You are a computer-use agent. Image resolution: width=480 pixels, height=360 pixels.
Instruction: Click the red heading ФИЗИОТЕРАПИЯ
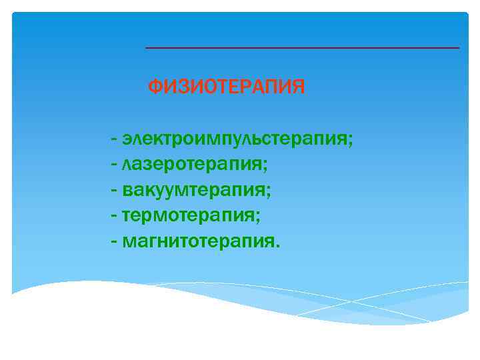point(226,87)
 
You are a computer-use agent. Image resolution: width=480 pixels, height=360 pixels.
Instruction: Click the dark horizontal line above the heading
point(302,48)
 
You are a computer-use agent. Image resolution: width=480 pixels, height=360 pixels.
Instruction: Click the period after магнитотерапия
point(277,245)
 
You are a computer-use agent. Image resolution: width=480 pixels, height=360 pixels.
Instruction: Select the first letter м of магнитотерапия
point(129,241)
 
